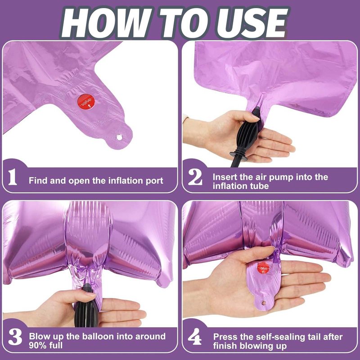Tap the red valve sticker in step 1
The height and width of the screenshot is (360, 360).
pyautogui.click(x=86, y=102)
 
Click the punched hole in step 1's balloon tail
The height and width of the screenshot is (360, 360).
pyautogui.click(x=119, y=137)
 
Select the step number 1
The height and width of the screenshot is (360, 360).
pyautogui.click(x=13, y=177)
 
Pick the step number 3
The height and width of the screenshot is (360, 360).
pyautogui.click(x=15, y=337)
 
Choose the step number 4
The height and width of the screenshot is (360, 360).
pyautogui.click(x=195, y=336)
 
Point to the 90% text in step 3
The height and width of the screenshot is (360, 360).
pyautogui.click(x=38, y=345)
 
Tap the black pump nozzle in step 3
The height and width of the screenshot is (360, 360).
pyautogui.click(x=86, y=306)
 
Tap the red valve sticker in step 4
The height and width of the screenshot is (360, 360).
pyautogui.click(x=263, y=268)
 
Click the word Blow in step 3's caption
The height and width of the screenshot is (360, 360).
pyautogui.click(x=40, y=337)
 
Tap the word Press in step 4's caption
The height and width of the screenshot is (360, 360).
pyautogui.click(x=225, y=337)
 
